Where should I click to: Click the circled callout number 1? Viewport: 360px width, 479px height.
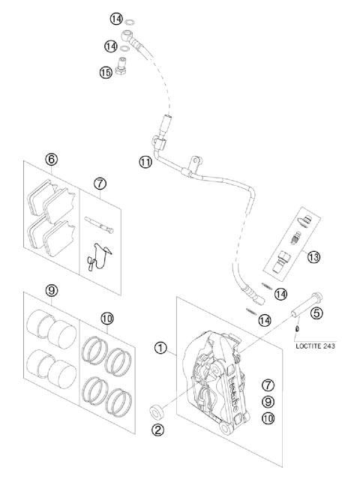pyautogui.click(x=160, y=348)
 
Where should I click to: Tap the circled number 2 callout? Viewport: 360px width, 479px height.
pyautogui.click(x=159, y=430)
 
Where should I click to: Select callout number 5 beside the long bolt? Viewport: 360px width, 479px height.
pyautogui.click(x=316, y=313)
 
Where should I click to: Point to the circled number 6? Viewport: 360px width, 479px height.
pyautogui.click(x=51, y=159)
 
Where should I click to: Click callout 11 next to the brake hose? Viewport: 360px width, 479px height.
pyautogui.click(x=145, y=161)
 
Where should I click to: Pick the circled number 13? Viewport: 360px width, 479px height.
pyautogui.click(x=313, y=257)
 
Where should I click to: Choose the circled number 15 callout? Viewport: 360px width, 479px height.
pyautogui.click(x=105, y=73)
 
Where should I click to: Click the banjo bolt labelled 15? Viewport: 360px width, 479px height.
pyautogui.click(x=124, y=64)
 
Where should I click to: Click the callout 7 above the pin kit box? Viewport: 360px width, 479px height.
pyautogui.click(x=100, y=182)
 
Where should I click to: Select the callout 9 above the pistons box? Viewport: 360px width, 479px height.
pyautogui.click(x=51, y=291)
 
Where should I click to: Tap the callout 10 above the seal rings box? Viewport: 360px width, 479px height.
pyautogui.click(x=106, y=318)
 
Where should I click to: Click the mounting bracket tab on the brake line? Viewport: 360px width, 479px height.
pyautogui.click(x=193, y=161)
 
